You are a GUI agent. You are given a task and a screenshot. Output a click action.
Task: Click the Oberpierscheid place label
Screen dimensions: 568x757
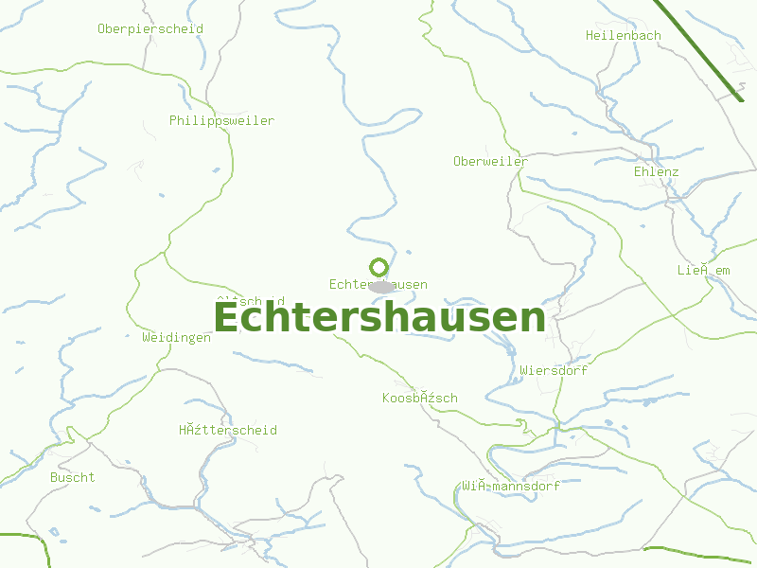tap(150, 29)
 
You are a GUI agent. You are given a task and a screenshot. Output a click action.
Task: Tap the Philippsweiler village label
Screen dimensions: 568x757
tap(221, 121)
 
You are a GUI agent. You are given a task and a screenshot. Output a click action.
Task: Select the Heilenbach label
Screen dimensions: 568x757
tap(623, 36)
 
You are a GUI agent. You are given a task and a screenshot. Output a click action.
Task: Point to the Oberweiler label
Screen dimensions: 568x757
tap(490, 162)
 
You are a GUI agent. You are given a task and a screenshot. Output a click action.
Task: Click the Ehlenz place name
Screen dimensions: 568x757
tap(656, 172)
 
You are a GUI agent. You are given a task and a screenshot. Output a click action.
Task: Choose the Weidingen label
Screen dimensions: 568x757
tap(176, 338)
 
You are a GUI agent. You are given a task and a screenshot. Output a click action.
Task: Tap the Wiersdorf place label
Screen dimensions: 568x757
tap(553, 371)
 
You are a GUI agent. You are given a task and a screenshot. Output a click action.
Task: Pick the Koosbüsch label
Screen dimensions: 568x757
tap(419, 399)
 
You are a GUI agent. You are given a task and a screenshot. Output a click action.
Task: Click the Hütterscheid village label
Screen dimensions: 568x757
tap(227, 431)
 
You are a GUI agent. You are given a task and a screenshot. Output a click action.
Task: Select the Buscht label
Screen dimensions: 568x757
tap(73, 478)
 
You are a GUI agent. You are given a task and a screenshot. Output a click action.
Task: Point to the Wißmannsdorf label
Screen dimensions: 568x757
tap(510, 487)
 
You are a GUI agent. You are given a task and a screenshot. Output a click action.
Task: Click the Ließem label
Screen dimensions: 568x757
tap(703, 271)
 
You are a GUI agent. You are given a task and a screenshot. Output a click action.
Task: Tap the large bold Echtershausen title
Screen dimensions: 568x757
tap(378, 318)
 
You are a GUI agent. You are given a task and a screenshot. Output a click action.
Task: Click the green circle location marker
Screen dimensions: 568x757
tap(379, 267)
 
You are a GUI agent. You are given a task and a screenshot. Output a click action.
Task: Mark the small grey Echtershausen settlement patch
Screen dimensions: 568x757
tap(382, 287)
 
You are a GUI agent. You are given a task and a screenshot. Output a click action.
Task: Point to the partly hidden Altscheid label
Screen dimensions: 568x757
tap(250, 301)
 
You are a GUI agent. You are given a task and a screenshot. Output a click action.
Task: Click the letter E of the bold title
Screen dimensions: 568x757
tap(227, 318)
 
